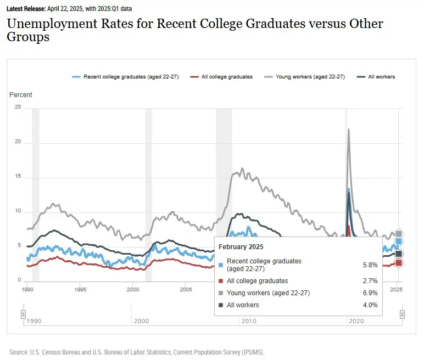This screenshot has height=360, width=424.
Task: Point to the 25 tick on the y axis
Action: [x=18, y=108]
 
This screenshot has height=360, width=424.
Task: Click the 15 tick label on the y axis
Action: [x=18, y=177]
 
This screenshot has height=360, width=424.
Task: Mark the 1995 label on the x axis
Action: [x=80, y=289]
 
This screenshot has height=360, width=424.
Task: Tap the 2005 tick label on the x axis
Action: [x=186, y=289]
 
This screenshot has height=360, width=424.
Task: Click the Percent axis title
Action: [x=21, y=95]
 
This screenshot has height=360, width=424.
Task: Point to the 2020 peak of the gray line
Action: [x=349, y=130]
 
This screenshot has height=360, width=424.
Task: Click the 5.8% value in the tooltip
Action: [x=370, y=265]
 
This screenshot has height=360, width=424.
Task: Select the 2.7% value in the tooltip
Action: [x=370, y=281]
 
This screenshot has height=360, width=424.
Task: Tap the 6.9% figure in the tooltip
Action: [x=370, y=293]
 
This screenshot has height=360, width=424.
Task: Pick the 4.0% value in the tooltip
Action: [x=370, y=305]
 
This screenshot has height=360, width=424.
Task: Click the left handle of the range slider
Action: [x=23, y=314]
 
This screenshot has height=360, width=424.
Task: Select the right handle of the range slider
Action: [x=403, y=314]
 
